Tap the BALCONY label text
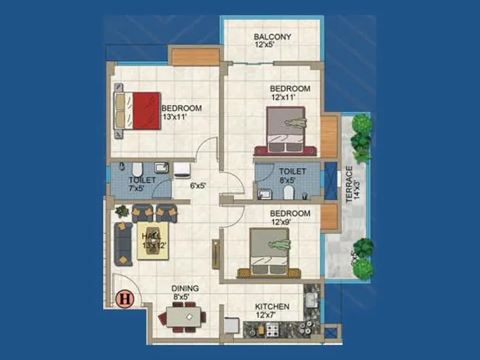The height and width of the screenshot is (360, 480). point(272,40)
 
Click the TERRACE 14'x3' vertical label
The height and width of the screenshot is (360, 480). point(349,184)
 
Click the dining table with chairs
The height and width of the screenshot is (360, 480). point(184,317)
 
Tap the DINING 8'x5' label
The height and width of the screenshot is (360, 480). point(185,292)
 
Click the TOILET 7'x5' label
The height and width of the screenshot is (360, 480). point(142,184)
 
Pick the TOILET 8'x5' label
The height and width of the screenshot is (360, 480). point(292,175)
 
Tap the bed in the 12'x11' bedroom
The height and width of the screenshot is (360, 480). point(286,131)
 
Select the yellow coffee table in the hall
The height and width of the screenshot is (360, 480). point(153,239)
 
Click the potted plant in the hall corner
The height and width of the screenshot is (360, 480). point(122,211)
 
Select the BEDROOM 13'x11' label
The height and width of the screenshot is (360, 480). point(181,112)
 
